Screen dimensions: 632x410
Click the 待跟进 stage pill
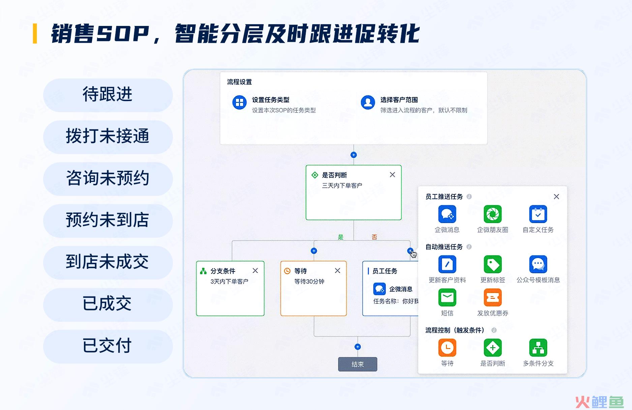pos(108,95)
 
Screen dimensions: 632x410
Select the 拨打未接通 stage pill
pos(108,137)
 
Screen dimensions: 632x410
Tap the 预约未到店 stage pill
pos(108,221)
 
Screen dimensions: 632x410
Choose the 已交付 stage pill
pos(108,346)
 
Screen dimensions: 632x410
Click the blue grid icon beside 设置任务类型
pos(239,102)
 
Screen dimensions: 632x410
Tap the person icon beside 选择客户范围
pos(368,102)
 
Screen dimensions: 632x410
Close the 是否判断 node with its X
pos(392,175)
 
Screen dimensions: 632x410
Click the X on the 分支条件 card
pos(255,271)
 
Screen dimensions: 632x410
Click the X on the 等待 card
pos(337,271)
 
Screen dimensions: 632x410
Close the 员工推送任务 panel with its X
pos(556,196)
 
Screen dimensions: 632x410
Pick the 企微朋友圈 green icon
pos(493,214)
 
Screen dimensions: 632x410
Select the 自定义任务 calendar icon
pos(538,214)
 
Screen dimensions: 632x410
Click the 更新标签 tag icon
pos(493,264)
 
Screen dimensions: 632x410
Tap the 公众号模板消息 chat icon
pos(538,264)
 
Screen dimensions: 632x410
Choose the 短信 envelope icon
pos(447,297)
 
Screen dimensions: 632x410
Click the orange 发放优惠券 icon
pos(493,297)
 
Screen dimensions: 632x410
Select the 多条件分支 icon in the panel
pos(538,348)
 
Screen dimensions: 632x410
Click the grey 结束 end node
pos(358,364)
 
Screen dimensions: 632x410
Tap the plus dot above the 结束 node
pos(358,347)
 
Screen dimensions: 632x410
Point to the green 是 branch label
pos(341,237)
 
